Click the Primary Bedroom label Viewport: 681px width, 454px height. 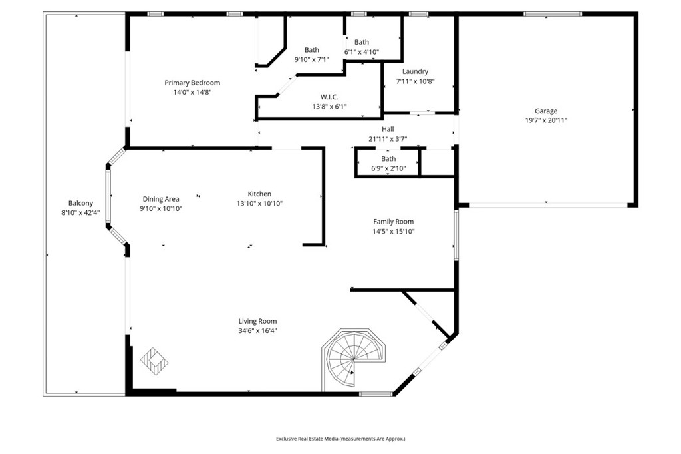click(x=192, y=83)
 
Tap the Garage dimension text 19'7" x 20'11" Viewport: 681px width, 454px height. click(x=546, y=121)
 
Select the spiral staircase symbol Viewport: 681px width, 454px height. click(x=353, y=359)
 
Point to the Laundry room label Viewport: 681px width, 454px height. click(x=415, y=71)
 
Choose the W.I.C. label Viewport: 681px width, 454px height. click(x=329, y=97)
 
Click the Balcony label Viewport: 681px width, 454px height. click(x=80, y=203)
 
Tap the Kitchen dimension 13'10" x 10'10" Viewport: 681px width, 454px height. click(x=260, y=204)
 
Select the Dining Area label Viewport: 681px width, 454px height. click(x=161, y=199)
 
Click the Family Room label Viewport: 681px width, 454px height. click(x=394, y=222)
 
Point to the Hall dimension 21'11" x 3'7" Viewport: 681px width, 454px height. click(x=388, y=139)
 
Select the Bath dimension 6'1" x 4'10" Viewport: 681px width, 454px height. click(x=362, y=52)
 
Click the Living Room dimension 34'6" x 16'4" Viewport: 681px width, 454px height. click(x=257, y=330)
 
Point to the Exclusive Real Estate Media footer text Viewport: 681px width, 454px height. click(x=340, y=439)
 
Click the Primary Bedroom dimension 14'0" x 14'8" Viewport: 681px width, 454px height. click(x=192, y=92)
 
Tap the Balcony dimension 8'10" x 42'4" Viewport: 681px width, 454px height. click(x=80, y=213)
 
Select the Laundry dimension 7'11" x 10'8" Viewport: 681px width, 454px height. click(x=415, y=81)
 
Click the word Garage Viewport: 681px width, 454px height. click(x=546, y=111)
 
